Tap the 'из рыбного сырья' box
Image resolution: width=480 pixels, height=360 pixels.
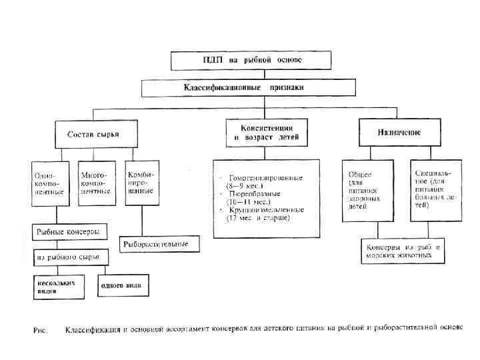69,257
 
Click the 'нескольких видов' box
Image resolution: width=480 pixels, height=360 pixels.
61,285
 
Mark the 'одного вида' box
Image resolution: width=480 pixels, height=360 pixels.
123,285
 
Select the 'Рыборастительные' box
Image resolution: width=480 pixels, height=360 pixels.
159,245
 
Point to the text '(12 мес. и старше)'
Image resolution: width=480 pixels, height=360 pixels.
258,218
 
